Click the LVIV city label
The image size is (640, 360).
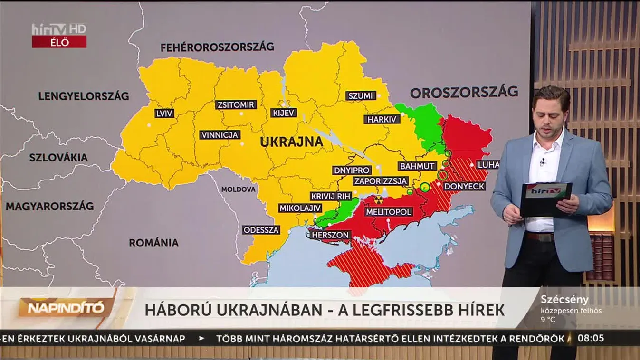(x=164, y=114)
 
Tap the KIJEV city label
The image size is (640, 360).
(x=284, y=113)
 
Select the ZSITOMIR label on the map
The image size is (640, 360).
(x=236, y=105)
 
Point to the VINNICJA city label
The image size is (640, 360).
(x=220, y=135)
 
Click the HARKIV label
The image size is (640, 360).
(x=382, y=119)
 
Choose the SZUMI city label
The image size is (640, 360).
(x=361, y=95)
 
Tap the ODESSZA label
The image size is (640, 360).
(x=261, y=230)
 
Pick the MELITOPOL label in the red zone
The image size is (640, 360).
(x=389, y=212)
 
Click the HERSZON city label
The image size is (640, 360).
(x=330, y=235)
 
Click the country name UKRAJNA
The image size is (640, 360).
(x=291, y=142)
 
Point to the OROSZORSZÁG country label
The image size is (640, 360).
(x=464, y=92)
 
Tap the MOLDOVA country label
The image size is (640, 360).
(x=238, y=189)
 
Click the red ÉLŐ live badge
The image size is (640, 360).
(x=59, y=42)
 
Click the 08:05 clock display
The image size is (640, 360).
(x=591, y=338)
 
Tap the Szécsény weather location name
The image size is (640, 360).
(x=564, y=300)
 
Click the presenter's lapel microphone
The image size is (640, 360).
(x=542, y=162)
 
